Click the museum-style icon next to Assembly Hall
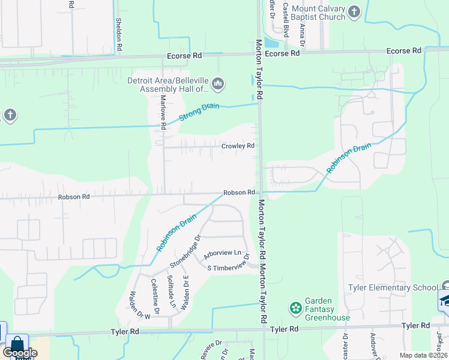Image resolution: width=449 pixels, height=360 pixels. point(218,85)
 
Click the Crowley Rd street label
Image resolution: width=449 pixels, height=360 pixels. point(238,146)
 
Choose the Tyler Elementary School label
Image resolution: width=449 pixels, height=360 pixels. point(393,287)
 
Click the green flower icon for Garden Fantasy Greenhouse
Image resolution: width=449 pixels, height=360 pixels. point(295,308)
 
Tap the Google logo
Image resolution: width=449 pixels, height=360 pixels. point(20,353)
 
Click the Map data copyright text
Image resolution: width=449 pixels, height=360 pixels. point(423,355)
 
